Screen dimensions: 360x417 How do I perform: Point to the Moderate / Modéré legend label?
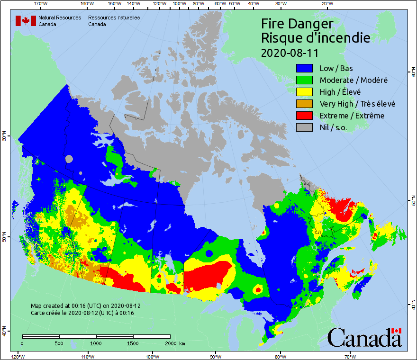tap(354, 80)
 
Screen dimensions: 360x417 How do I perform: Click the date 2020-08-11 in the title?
tap(289, 52)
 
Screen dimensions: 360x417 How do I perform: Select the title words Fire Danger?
tap(297, 24)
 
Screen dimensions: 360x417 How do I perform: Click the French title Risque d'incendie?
tap(315, 38)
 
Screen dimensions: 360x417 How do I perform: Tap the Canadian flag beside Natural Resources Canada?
tap(26, 21)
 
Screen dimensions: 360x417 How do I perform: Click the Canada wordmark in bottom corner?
tap(364, 337)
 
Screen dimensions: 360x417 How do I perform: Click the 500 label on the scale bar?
tap(59, 343)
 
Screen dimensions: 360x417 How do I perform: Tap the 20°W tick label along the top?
tap(326, 4)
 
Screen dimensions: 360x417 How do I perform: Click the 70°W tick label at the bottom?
tap(350, 356)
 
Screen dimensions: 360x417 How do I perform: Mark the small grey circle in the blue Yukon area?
tap(70, 159)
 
